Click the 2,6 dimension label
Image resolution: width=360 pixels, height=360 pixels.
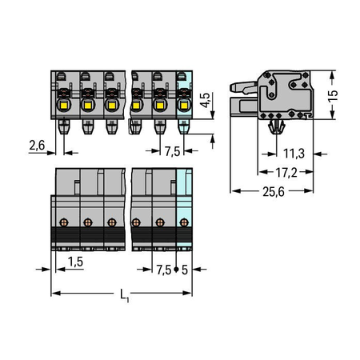37,146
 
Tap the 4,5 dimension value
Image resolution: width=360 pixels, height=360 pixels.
206,100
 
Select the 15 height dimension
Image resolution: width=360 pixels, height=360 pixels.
333,96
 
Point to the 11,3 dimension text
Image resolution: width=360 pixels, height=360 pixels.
294,154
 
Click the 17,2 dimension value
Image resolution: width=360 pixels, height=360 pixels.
286,173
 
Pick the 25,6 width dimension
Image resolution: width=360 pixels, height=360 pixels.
274,191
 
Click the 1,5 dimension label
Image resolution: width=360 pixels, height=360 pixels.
75,262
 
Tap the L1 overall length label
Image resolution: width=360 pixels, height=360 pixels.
124,295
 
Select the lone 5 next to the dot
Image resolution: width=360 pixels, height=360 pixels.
185,270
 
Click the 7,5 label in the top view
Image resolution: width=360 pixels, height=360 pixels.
173,151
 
